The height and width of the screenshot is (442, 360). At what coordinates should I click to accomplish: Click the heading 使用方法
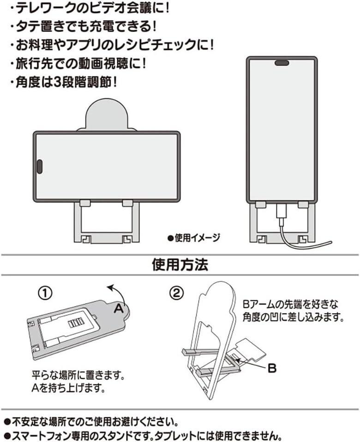180,265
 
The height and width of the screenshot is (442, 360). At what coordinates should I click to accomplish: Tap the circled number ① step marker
46,293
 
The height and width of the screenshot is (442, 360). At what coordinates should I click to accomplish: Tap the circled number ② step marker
176,293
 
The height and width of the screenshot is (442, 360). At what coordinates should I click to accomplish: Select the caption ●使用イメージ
194,238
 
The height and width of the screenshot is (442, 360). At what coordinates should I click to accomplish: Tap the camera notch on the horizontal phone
40,167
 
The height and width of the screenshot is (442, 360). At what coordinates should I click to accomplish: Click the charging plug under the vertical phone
282,212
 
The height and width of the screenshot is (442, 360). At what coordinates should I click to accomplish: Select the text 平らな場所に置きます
78,374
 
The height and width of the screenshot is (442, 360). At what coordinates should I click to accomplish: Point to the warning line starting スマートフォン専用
143,435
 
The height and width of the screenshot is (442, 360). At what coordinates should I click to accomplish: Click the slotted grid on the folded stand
74,323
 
